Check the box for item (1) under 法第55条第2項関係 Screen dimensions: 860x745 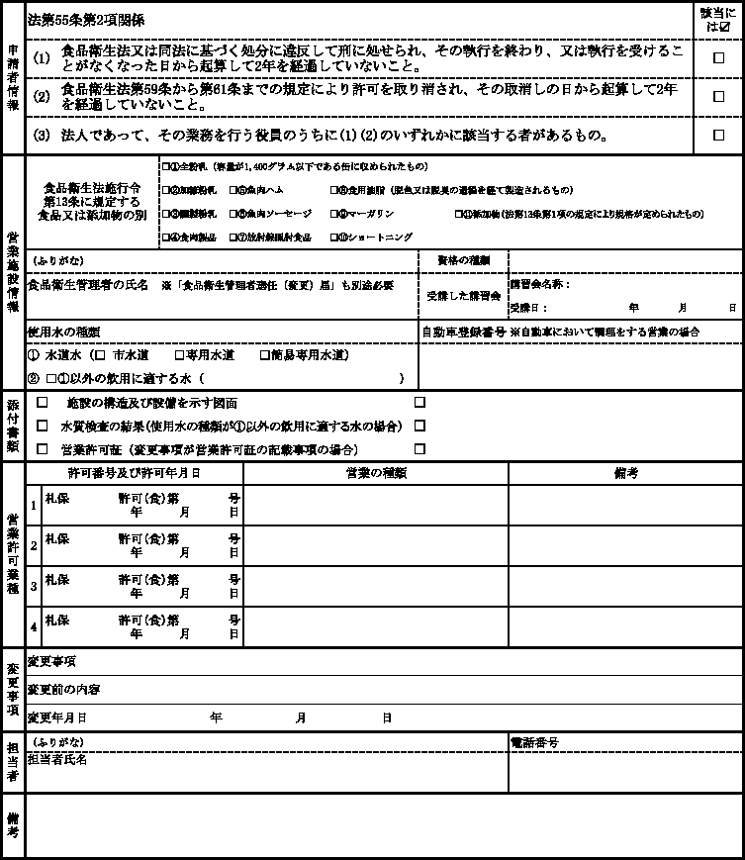pos(719,58)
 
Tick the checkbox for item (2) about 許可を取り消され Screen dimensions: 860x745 pos(719,96)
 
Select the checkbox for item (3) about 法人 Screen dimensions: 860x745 pos(719,135)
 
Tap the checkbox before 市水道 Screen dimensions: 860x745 pos(99,354)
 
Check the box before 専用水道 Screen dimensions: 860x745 pos(179,354)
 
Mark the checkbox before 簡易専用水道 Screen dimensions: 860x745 pos(264,354)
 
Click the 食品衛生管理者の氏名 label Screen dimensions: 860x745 pos(88,284)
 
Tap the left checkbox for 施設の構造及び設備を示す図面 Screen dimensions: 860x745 pos(42,403)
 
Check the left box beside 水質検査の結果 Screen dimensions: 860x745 pos(42,426)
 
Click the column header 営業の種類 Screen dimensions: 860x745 pos(376,472)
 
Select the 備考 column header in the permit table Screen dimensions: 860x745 pos(625,472)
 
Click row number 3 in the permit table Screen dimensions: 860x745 pos(34,586)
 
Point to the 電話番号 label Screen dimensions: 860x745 pos(534,742)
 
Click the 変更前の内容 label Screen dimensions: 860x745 pos(64,689)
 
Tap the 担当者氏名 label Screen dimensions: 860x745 pos(58,759)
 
